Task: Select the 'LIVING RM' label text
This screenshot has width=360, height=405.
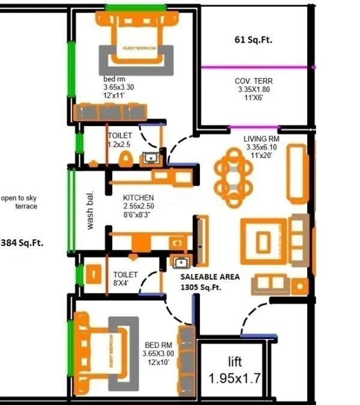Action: pos(262,139)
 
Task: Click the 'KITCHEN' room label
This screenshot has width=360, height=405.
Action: pos(139,197)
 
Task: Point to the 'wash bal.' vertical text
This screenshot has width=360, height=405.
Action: pos(91,211)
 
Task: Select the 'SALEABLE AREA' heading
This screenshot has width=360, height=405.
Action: pos(210,277)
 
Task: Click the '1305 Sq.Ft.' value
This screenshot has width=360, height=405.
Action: pos(201,287)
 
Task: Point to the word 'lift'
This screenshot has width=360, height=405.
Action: pos(235,362)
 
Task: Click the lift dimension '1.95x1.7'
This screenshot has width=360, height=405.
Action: pos(235,379)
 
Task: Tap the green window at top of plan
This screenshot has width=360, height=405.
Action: pos(136,7)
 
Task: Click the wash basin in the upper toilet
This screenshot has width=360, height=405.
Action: pos(150,158)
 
